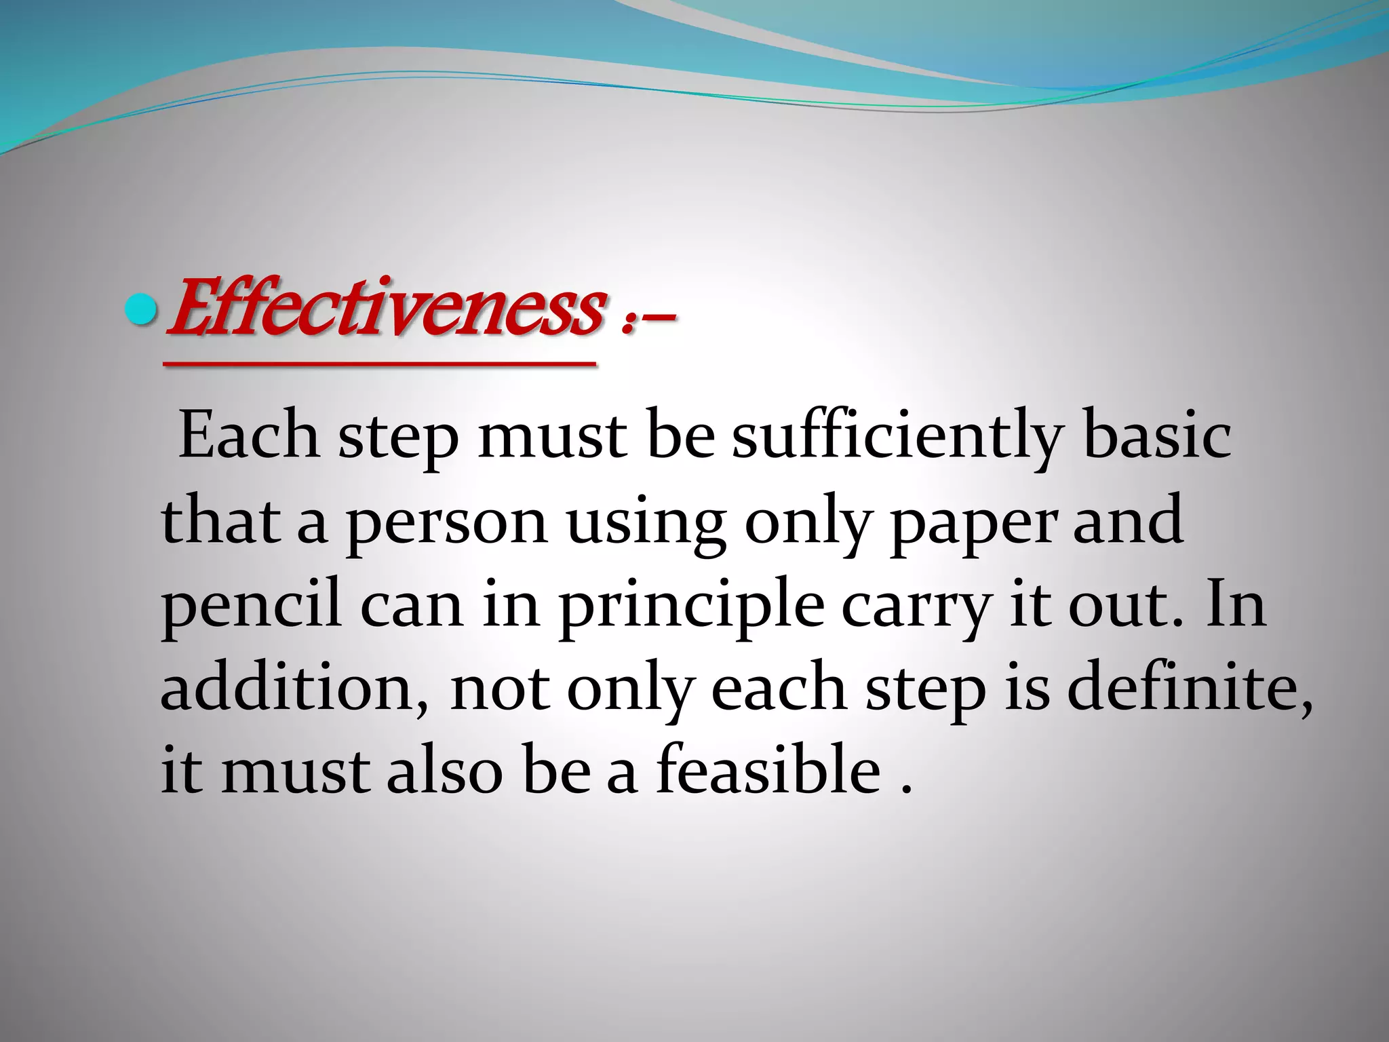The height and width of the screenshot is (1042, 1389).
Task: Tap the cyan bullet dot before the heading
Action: pyautogui.click(x=142, y=310)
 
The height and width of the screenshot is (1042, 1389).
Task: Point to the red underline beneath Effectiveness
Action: pyautogui.click(x=380, y=365)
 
